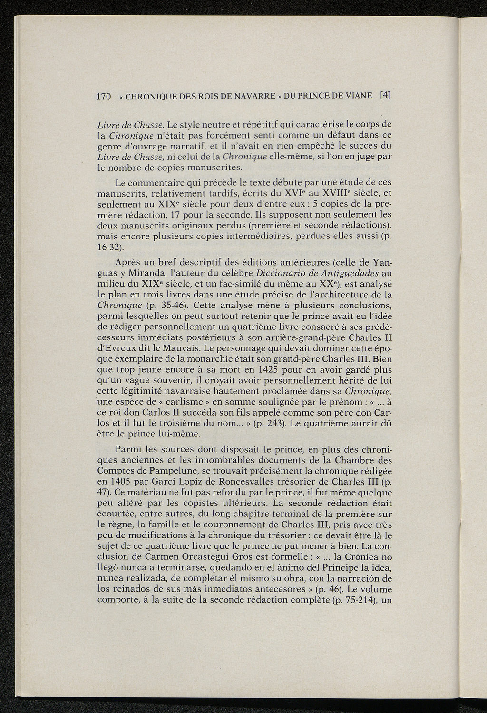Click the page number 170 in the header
click(x=104, y=96)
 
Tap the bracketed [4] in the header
click(x=385, y=95)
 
